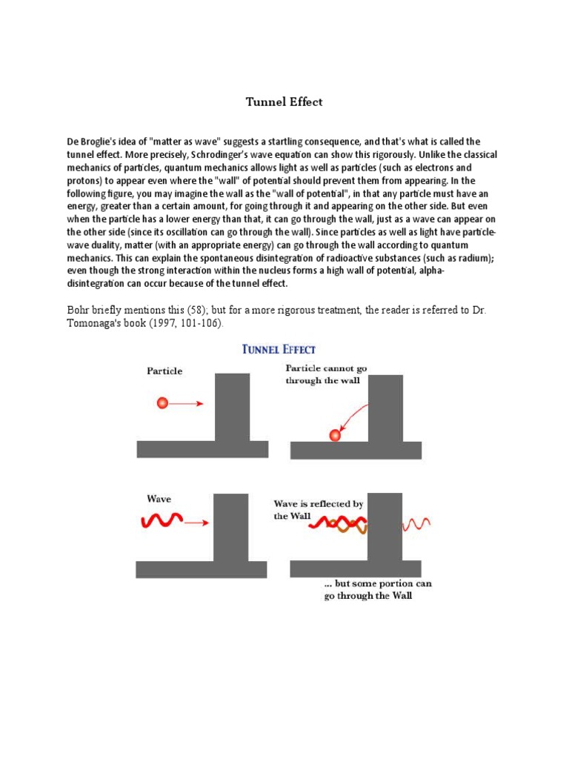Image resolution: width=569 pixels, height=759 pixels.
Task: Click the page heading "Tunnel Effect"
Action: pos(284,102)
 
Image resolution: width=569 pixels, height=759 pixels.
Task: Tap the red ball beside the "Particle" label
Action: pos(163,403)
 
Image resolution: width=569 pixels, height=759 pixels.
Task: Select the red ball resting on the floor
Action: pos(335,435)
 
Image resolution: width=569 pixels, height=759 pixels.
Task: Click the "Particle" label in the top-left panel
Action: pos(164,371)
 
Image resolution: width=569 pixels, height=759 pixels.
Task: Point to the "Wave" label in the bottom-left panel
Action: pos(159,499)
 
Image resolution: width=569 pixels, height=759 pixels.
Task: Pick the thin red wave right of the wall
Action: pos(416,524)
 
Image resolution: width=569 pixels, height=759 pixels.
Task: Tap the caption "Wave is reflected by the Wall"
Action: pos(319,509)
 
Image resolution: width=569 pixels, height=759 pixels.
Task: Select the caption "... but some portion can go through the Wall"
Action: pos(378,589)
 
